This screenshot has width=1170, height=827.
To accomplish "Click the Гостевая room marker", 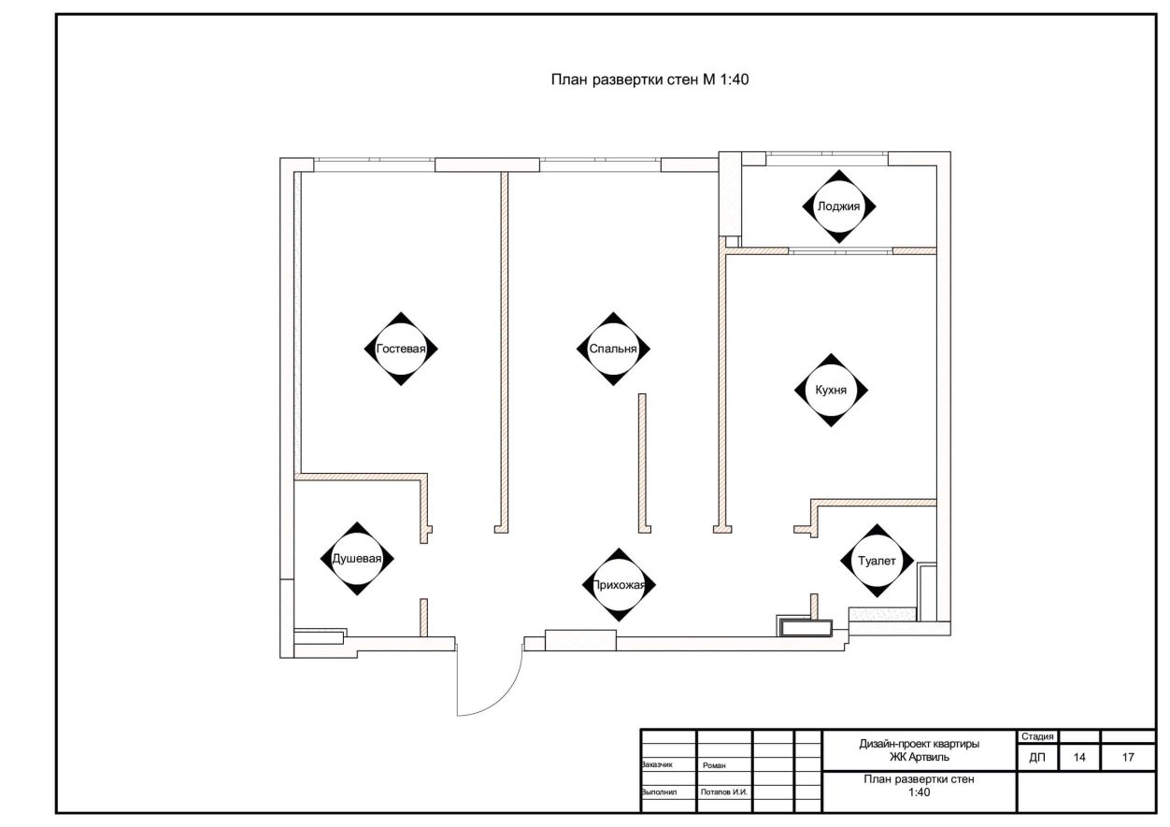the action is (x=401, y=349).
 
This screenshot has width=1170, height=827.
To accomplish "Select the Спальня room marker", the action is (x=613, y=349).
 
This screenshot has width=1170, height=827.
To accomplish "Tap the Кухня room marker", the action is (x=831, y=391).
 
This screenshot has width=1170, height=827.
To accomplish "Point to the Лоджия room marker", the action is (x=839, y=207).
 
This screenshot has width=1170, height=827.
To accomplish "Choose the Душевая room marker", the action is (x=357, y=559).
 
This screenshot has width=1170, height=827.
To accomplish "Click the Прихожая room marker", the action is (x=619, y=585).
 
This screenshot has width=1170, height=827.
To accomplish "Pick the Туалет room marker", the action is (x=877, y=561).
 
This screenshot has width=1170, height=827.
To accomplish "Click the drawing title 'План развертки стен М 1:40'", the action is (x=649, y=80).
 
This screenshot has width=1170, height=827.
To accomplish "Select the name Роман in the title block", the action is (x=714, y=765).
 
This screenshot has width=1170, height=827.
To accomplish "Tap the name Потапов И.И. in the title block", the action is (x=724, y=792).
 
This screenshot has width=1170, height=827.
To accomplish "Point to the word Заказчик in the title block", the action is (x=657, y=764).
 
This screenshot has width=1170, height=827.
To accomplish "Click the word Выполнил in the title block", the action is (x=659, y=792).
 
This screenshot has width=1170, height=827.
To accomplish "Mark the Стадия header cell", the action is (x=1037, y=736).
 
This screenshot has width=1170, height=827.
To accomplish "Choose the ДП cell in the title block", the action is (x=1037, y=757).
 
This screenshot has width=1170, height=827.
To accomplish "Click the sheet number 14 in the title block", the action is (x=1079, y=757).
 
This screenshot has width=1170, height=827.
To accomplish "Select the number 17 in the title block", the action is (x=1128, y=757).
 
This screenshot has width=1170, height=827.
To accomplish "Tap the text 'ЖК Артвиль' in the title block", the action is (x=920, y=757).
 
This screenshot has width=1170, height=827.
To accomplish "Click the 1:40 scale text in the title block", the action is (x=920, y=792).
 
